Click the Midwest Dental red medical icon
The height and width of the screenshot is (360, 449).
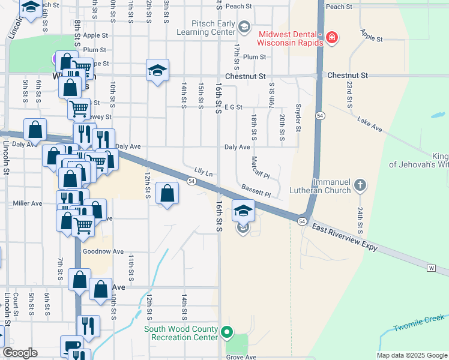331,39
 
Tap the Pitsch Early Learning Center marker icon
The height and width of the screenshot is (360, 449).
244,26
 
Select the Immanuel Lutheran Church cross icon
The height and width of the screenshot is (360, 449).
360,185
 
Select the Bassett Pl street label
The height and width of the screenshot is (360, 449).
256,191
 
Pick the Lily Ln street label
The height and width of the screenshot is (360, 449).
203,172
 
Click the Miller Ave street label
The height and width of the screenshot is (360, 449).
28,203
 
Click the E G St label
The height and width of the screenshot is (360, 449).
232,107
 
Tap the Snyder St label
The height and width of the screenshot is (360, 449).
298,117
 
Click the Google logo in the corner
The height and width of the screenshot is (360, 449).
20,353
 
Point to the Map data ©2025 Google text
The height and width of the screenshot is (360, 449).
411,355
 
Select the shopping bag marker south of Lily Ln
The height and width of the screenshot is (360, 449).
167,194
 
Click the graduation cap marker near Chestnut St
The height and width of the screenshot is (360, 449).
157,70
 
